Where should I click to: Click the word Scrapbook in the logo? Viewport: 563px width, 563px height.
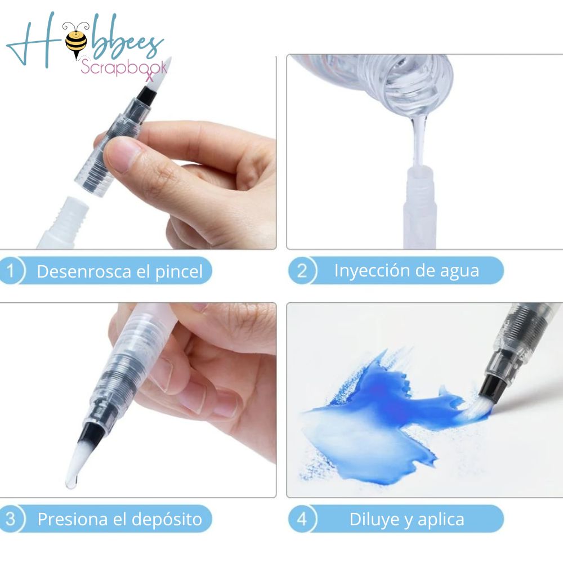click(123, 68)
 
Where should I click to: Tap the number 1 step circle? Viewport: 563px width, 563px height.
click(12, 271)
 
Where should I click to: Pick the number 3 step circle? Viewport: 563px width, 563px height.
click(12, 519)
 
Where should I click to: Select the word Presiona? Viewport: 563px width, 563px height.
click(73, 519)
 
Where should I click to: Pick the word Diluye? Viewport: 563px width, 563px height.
click(374, 519)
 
